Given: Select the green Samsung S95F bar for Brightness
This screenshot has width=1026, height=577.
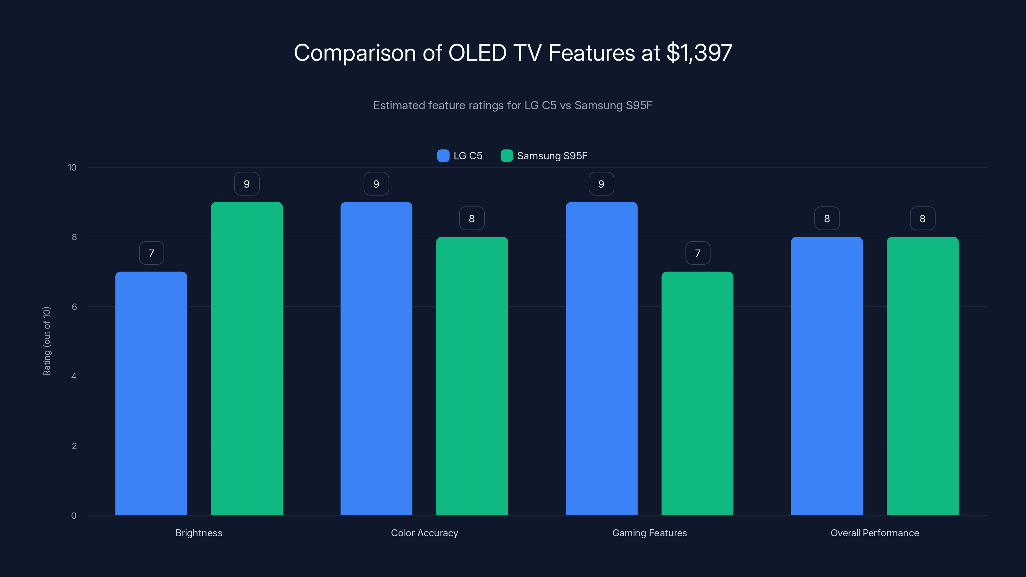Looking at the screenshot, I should pos(247,358).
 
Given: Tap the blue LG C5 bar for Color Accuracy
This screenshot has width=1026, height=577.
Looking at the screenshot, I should pos(376,358).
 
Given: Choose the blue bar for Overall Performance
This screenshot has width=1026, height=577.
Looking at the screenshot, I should pos(827,376).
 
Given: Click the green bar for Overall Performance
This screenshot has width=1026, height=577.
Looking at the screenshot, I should pos(922,376).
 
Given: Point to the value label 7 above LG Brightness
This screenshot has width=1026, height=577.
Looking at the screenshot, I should pos(151,253).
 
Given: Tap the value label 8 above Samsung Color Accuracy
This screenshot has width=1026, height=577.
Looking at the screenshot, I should pos(472,219).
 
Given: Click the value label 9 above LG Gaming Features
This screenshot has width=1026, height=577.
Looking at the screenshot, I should pos(601,184).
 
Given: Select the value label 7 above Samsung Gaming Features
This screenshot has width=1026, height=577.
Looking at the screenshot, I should pos(697,253).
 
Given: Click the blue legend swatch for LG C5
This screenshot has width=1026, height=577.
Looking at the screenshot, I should pos(443,156).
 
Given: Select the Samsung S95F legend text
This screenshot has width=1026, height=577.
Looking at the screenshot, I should pos(552,156).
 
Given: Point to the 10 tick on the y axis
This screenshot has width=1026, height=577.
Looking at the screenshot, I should pos(72,168).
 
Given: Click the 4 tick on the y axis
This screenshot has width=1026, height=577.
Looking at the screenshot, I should pos(74,376).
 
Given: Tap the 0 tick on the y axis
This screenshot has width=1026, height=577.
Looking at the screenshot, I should pos(74,516).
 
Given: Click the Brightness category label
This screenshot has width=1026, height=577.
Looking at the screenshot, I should pos(199,533).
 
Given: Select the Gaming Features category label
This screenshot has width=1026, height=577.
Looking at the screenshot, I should pos(649,533).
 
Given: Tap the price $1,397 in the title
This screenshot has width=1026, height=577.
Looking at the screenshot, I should pos(699,53).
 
